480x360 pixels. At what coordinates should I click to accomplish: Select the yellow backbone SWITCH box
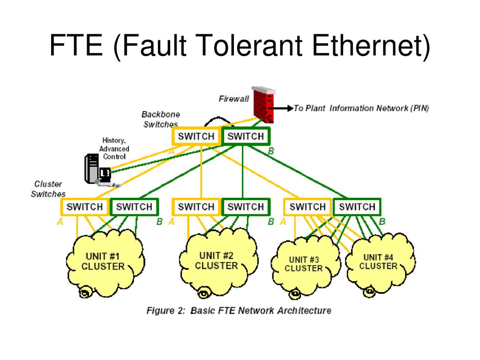[x=196, y=136]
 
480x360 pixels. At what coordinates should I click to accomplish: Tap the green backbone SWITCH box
[x=246, y=136]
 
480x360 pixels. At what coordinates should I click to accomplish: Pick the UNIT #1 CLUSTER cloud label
[x=103, y=261]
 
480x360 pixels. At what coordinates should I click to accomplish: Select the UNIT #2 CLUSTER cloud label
[x=217, y=261]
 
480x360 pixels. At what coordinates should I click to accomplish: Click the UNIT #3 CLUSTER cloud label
[x=304, y=264]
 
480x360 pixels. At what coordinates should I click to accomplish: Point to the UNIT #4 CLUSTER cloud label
[x=378, y=262]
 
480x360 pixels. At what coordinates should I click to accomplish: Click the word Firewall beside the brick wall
[x=233, y=99]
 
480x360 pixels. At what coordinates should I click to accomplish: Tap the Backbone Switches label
[x=161, y=119]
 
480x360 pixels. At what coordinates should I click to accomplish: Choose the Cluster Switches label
[x=48, y=189]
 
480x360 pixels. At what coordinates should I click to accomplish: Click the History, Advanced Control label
[x=114, y=149]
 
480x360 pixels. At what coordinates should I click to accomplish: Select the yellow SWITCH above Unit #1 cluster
[x=85, y=207]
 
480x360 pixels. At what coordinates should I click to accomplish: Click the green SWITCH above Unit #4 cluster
[x=357, y=207]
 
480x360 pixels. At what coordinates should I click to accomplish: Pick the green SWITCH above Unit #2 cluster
[x=246, y=207]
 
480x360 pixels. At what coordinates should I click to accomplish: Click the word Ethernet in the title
[x=371, y=45]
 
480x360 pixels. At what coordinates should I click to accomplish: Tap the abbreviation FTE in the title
[x=76, y=45]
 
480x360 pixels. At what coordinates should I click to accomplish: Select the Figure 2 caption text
[x=239, y=310]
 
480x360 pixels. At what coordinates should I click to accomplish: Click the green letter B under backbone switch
[x=271, y=151]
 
